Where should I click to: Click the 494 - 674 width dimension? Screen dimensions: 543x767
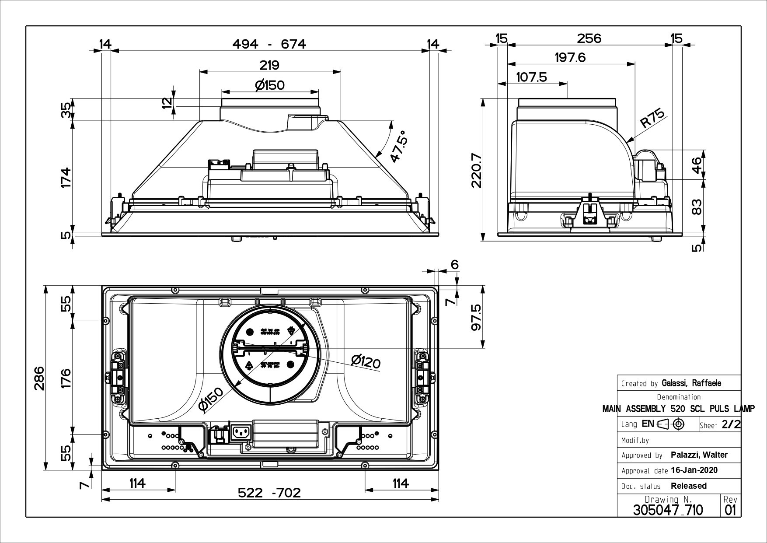point(268,44)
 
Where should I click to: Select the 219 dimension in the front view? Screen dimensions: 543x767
point(269,65)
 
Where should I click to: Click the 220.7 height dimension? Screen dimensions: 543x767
point(476,170)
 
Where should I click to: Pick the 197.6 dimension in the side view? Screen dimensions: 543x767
point(570,57)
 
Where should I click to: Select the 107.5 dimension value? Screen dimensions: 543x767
point(531,77)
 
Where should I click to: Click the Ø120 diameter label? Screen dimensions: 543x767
point(366,361)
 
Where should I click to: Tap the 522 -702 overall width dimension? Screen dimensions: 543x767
point(269,493)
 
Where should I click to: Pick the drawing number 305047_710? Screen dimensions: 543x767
point(668,510)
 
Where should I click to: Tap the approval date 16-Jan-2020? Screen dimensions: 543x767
point(694,470)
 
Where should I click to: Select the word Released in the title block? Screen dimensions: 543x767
point(688,486)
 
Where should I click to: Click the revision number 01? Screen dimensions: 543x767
point(730,510)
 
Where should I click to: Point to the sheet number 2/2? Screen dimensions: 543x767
point(731,424)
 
